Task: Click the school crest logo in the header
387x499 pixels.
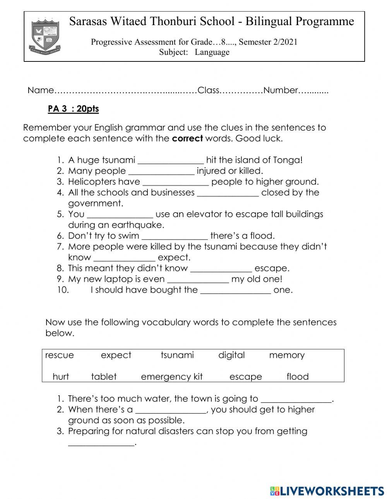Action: pyautogui.click(x=45, y=35)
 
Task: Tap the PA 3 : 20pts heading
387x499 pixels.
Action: pyautogui.click(x=73, y=109)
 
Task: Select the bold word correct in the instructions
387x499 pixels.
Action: pyautogui.click(x=187, y=138)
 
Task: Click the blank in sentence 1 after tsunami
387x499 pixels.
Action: pyautogui.click(x=171, y=160)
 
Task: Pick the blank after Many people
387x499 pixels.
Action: pyautogui.click(x=161, y=171)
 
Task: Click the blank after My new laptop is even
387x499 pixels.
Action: pyautogui.click(x=198, y=279)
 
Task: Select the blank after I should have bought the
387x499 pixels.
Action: pyautogui.click(x=235, y=290)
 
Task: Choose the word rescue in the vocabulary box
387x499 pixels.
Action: pyautogui.click(x=59, y=355)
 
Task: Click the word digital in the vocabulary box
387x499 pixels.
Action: pyautogui.click(x=231, y=355)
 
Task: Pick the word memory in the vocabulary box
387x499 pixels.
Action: pyautogui.click(x=287, y=355)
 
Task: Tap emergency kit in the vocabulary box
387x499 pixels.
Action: pyautogui.click(x=171, y=377)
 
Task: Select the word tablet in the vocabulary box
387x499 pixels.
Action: pyautogui.click(x=104, y=377)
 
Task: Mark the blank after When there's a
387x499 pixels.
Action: pyautogui.click(x=171, y=410)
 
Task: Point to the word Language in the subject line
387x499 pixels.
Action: pyautogui.click(x=212, y=52)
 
